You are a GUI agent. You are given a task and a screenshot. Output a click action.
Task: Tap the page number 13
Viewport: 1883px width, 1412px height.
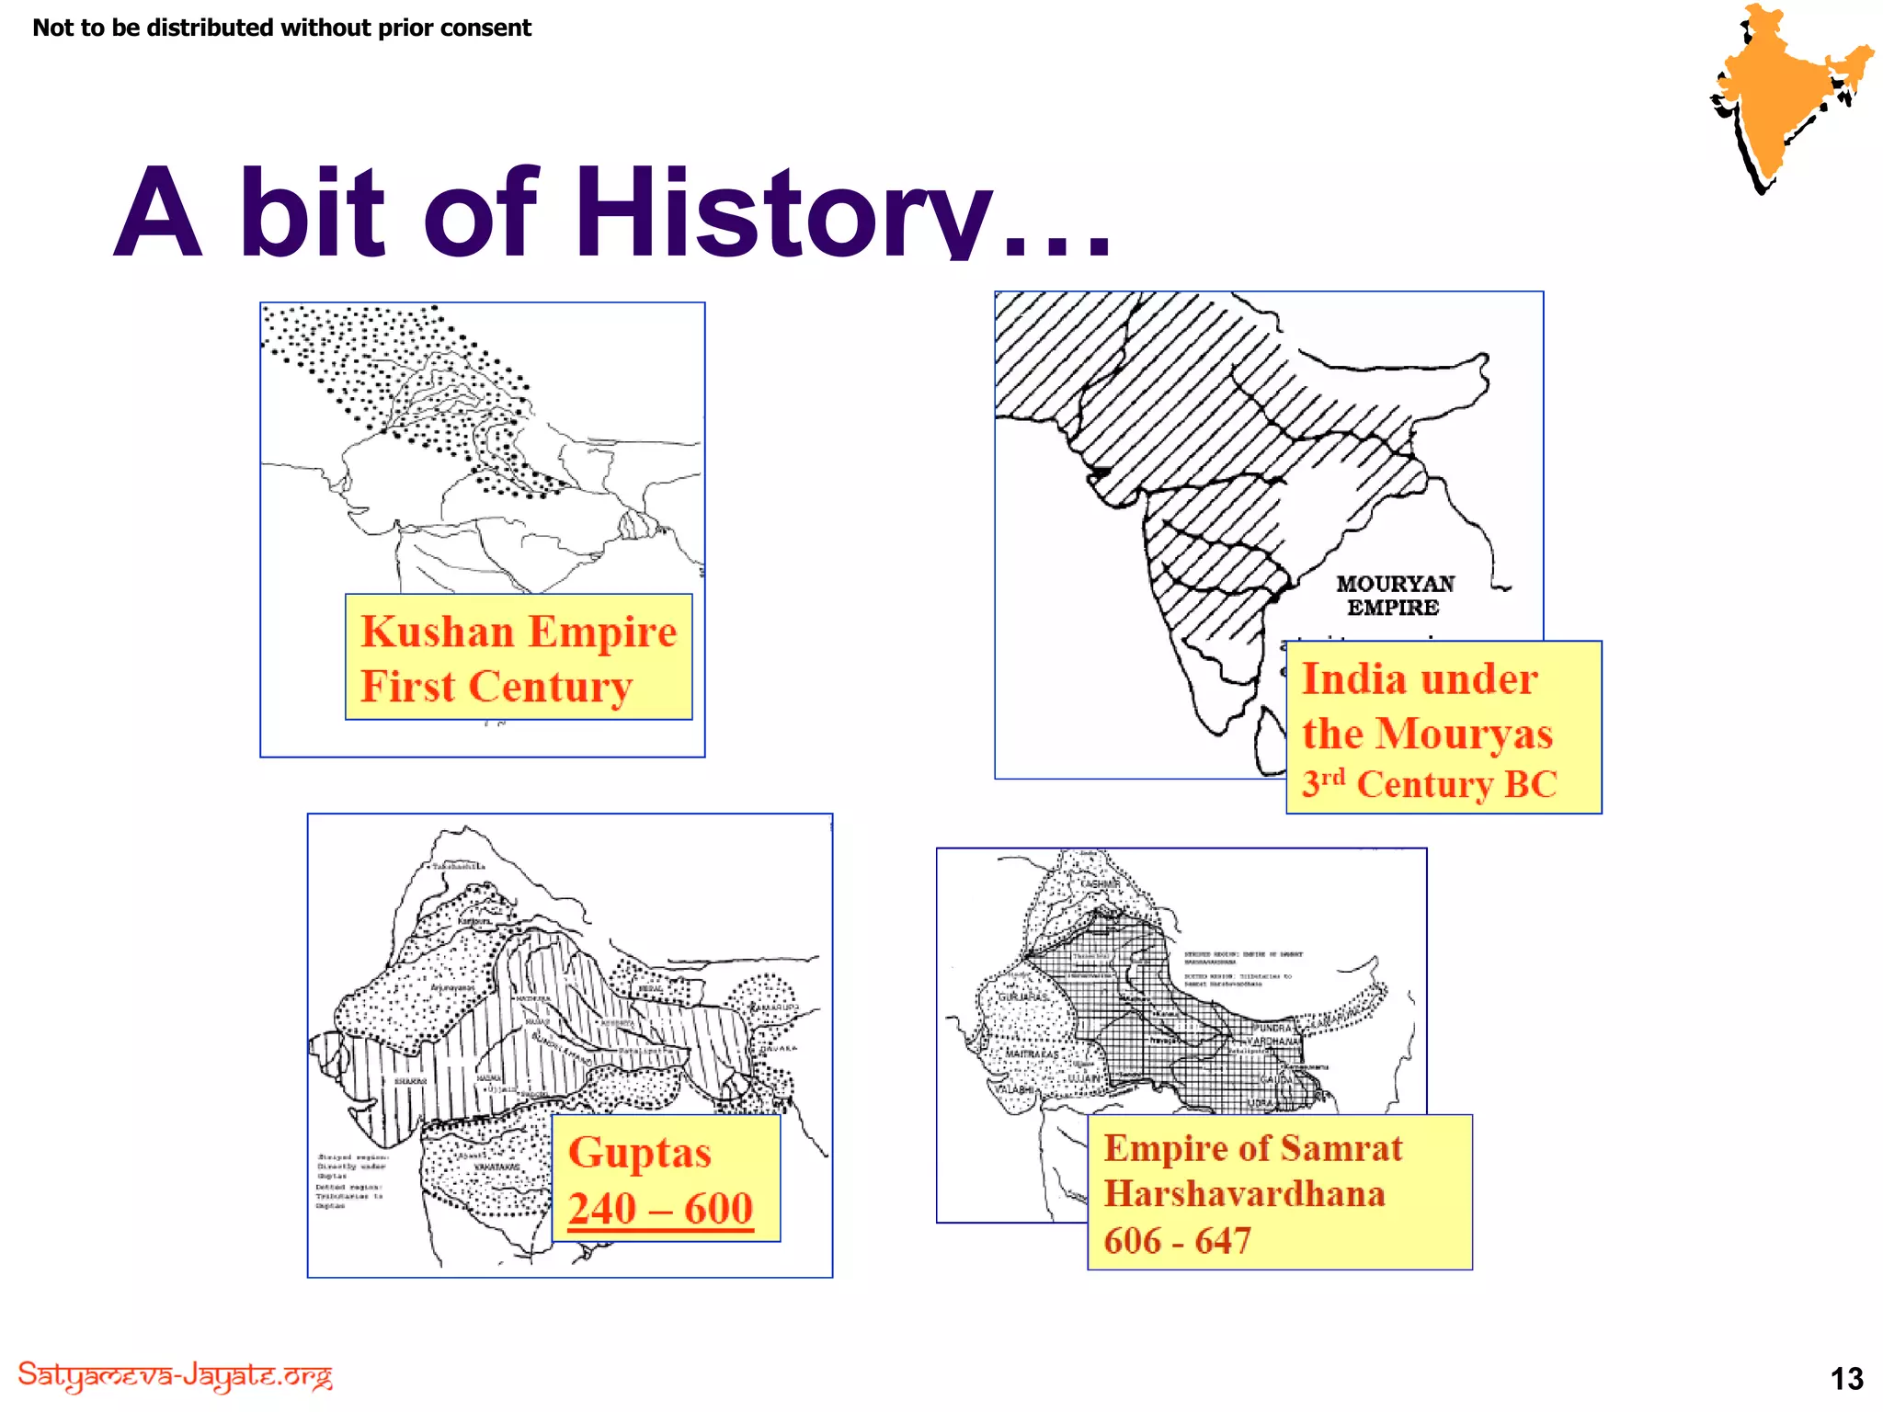(x=1846, y=1378)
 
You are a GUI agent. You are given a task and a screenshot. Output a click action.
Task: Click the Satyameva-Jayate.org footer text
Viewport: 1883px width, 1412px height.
(x=175, y=1375)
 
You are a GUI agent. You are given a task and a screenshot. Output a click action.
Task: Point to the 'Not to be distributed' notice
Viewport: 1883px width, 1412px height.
(x=281, y=28)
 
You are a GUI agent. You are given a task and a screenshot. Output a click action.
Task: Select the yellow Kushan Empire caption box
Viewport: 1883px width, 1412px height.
(x=519, y=656)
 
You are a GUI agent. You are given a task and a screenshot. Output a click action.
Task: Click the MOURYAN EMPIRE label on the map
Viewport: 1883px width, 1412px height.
(x=1394, y=595)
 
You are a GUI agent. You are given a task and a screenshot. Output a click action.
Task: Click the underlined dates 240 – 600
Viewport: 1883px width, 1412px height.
(x=660, y=1208)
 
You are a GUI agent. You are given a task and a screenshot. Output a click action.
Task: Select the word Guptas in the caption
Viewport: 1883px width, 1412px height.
(x=640, y=1153)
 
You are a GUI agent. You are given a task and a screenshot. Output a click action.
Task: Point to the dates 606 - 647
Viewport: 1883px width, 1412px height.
(x=1177, y=1240)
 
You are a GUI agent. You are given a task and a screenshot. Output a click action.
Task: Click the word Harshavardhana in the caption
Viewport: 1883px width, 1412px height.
(x=1244, y=1193)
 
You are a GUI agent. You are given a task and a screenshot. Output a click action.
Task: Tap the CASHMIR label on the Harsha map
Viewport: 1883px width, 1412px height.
(x=1100, y=883)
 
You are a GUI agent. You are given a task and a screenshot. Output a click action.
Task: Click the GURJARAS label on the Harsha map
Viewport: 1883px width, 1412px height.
(x=1022, y=997)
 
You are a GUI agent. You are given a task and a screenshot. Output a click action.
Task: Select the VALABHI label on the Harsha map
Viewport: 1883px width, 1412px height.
(x=1015, y=1089)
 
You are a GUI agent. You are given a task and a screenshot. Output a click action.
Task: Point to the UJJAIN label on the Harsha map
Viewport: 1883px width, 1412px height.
(x=1083, y=1077)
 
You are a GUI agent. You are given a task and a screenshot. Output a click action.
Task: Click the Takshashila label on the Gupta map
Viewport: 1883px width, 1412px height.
(x=459, y=866)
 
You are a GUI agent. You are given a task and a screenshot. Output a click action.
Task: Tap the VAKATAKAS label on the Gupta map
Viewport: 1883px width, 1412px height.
(x=496, y=1167)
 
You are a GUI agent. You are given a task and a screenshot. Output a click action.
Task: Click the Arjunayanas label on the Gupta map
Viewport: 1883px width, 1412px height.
(x=452, y=987)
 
